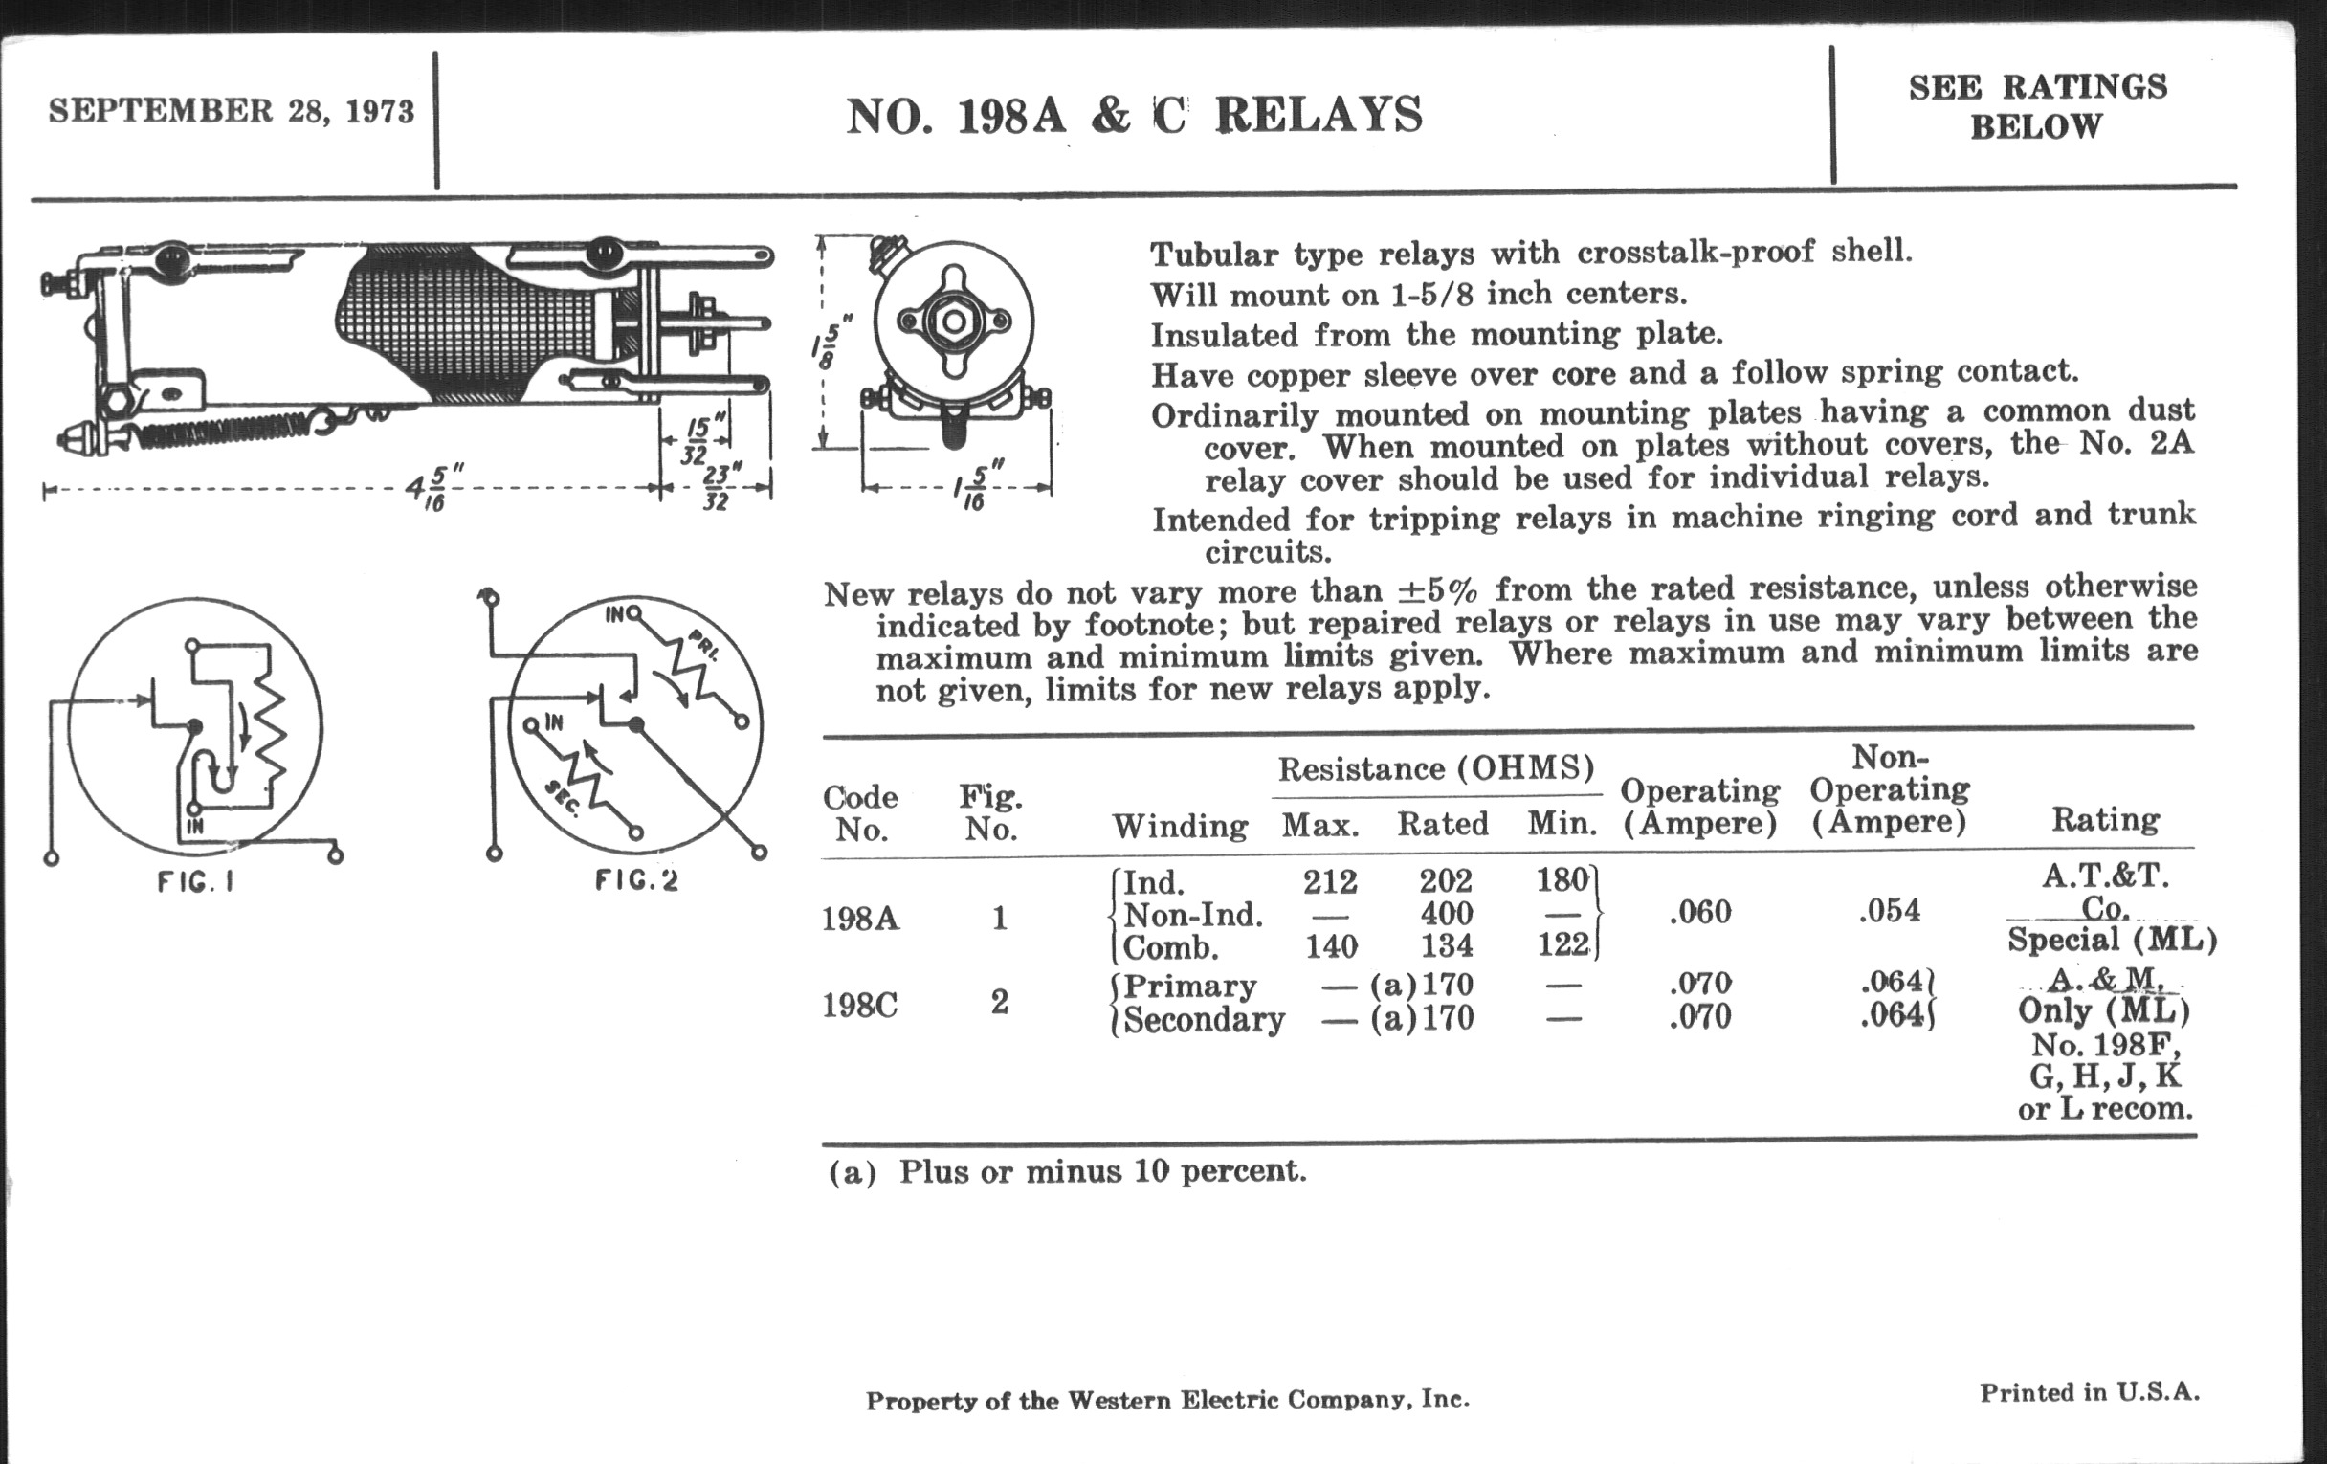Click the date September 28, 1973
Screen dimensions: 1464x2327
(231, 111)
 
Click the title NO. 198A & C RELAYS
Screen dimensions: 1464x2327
(1134, 116)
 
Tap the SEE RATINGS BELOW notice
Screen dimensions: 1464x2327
(2037, 106)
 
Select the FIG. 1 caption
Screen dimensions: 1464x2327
(195, 882)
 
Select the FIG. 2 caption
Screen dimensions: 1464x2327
(636, 880)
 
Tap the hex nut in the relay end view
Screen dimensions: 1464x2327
(952, 322)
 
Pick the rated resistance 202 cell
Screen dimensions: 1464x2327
(1446, 881)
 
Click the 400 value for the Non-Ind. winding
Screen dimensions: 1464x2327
(1446, 913)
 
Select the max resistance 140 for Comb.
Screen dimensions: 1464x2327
(1331, 946)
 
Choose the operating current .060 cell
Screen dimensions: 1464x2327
(1700, 912)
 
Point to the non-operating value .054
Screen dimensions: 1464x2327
(1889, 911)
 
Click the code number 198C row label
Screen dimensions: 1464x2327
(859, 1005)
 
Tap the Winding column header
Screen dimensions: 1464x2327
(1180, 826)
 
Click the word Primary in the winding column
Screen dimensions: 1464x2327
(1189, 986)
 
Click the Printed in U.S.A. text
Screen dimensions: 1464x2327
(2090, 1392)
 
